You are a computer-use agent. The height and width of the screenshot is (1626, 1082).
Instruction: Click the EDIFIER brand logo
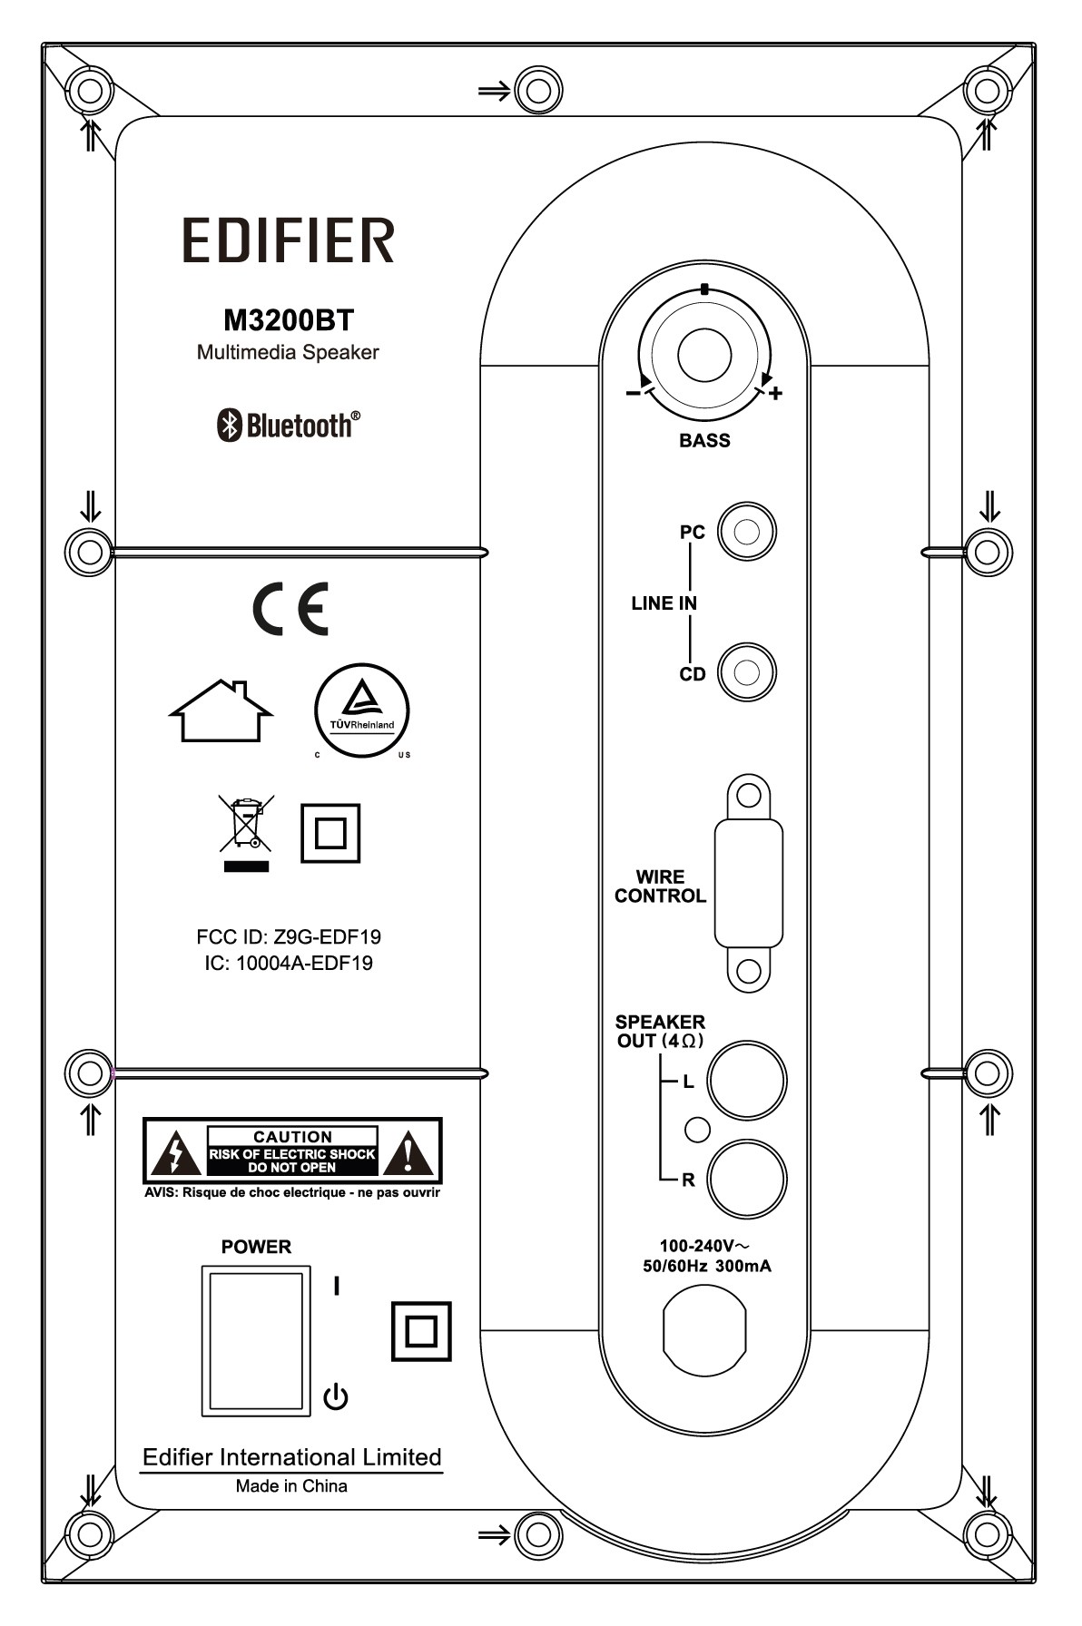(289, 240)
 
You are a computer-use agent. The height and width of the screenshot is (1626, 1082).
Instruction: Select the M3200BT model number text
(288, 320)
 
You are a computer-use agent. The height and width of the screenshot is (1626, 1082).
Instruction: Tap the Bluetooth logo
(288, 425)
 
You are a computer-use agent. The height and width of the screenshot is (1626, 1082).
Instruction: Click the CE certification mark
(290, 608)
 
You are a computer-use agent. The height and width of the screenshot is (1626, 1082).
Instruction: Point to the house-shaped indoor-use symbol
(221, 710)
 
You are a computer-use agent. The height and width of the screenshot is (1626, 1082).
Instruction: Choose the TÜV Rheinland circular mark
(361, 710)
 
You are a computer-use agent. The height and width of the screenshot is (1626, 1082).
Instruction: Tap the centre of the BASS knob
(704, 354)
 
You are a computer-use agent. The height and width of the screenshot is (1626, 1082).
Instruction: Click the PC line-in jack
(746, 532)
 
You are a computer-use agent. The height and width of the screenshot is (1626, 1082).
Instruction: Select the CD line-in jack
(746, 673)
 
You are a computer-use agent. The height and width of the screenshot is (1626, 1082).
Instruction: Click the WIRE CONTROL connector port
(748, 883)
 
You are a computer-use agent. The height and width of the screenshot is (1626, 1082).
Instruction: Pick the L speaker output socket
(747, 1080)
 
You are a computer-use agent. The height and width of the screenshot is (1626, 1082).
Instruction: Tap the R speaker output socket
(747, 1180)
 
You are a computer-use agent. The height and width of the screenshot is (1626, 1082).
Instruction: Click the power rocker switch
(256, 1341)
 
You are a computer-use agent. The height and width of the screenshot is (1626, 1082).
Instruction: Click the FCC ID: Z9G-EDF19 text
(289, 936)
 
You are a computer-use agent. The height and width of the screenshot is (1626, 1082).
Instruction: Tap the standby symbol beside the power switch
(336, 1396)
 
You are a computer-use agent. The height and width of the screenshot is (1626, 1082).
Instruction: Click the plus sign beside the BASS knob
(775, 394)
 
